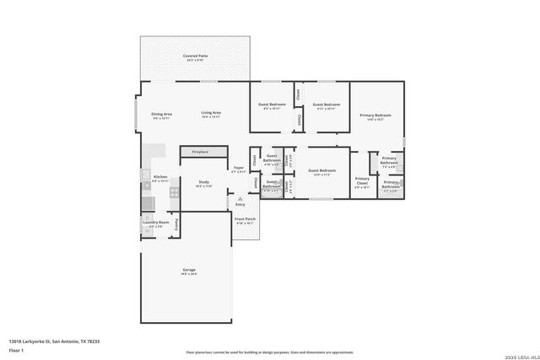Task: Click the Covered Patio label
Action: coord(195,56)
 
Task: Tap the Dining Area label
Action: coord(161,114)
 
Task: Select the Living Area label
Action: coord(211,114)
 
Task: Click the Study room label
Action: coord(203,182)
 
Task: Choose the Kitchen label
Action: coord(160,177)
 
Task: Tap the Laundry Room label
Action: coord(156,224)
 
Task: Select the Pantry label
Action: coord(176,223)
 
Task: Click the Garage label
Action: coord(189,271)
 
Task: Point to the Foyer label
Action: coord(239,169)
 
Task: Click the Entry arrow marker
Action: coord(240,198)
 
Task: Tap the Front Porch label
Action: coord(245,222)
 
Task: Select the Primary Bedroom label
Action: coord(375,116)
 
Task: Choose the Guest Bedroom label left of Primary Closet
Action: coord(321,171)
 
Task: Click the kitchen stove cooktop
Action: coord(174,192)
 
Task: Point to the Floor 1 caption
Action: coord(17,349)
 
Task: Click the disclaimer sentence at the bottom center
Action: coord(270,352)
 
